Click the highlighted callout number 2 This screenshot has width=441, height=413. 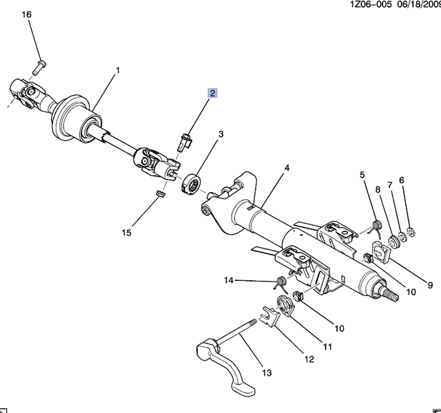click(214, 94)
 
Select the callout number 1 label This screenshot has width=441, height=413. click(118, 70)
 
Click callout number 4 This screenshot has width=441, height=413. click(287, 167)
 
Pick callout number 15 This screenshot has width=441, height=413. click(127, 233)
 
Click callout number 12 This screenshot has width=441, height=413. click(309, 359)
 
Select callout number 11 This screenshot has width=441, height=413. click(327, 346)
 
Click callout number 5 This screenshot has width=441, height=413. click(362, 175)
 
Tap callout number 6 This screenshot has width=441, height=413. click(402, 180)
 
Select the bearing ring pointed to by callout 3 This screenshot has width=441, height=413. click(192, 184)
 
